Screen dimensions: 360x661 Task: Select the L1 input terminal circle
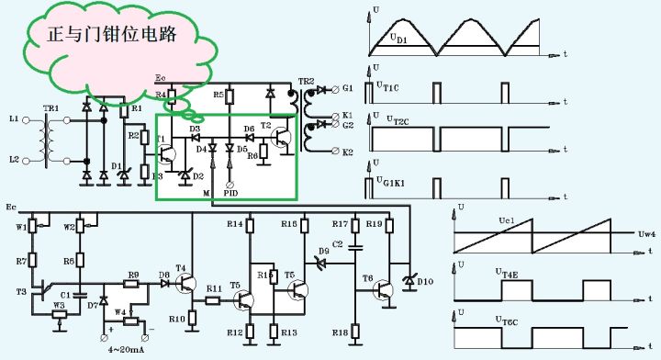coord(27,119)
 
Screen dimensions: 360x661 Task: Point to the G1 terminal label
coord(348,89)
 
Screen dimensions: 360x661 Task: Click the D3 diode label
coord(195,129)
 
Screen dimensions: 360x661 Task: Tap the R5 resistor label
coord(218,95)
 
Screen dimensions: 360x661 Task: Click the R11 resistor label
coord(213,288)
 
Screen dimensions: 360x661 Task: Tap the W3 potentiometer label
coord(58,305)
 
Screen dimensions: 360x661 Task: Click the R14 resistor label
coord(234,224)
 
